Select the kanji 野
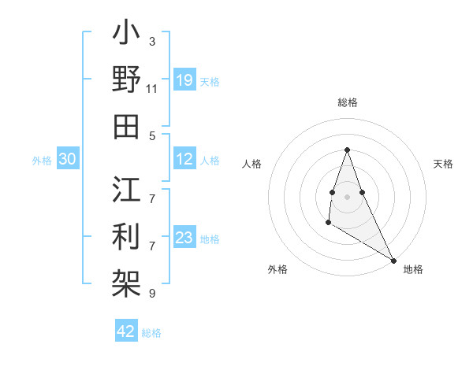[127, 81]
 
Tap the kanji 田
[127, 126]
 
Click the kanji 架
[127, 282]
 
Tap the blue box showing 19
[184, 80]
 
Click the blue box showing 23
[184, 238]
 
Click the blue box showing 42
[126, 331]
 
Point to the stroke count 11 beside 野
[152, 89]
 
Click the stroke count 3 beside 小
[152, 40]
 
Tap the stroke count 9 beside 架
[152, 294]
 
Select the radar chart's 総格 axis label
[347, 102]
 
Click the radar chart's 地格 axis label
[413, 269]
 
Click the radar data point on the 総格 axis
[347, 150]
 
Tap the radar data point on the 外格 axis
[328, 223]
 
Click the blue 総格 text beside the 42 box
[151, 332]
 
